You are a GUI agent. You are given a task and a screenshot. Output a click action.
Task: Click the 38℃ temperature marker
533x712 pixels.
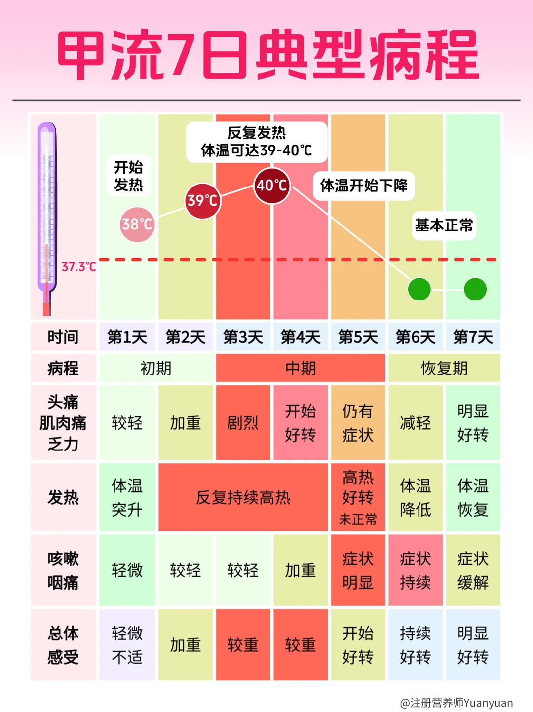pos(137,225)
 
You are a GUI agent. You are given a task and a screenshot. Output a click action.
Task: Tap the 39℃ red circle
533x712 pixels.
pos(202,200)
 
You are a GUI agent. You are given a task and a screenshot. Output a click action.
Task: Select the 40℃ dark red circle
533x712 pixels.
pos(271,186)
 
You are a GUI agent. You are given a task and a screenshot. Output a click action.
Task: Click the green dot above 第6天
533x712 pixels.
pos(419,289)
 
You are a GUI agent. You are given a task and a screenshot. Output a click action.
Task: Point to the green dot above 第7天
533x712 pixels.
pos(475,289)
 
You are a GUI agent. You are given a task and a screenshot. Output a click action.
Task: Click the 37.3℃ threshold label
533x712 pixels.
pos(78,267)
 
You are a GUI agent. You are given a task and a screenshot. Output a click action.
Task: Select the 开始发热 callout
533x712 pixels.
pos(128,176)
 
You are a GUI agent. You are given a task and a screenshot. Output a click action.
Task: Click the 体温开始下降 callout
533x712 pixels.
pos(364,186)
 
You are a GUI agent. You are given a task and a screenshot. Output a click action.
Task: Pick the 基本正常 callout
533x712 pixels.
pos(444,225)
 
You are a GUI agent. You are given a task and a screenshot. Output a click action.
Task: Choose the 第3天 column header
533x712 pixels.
pos(243,337)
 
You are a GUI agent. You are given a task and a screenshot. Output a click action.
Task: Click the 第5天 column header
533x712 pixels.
pos(358,337)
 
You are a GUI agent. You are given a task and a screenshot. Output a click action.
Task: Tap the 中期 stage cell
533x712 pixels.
pos(300,368)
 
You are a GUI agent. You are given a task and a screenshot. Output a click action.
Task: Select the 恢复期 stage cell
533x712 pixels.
pos(444,368)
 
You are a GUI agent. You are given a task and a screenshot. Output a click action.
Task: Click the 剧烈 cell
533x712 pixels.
pos(243,423)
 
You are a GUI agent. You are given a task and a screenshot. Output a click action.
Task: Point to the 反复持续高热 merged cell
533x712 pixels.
pos(243,497)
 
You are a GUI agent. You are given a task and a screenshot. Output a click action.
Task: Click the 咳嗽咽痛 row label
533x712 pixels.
pos(63,570)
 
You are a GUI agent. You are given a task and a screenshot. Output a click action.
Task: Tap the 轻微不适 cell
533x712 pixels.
pos(127,645)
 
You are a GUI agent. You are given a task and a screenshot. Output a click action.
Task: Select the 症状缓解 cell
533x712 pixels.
pos(473,570)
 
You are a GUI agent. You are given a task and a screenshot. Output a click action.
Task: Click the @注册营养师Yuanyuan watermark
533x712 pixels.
pos(456,703)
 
